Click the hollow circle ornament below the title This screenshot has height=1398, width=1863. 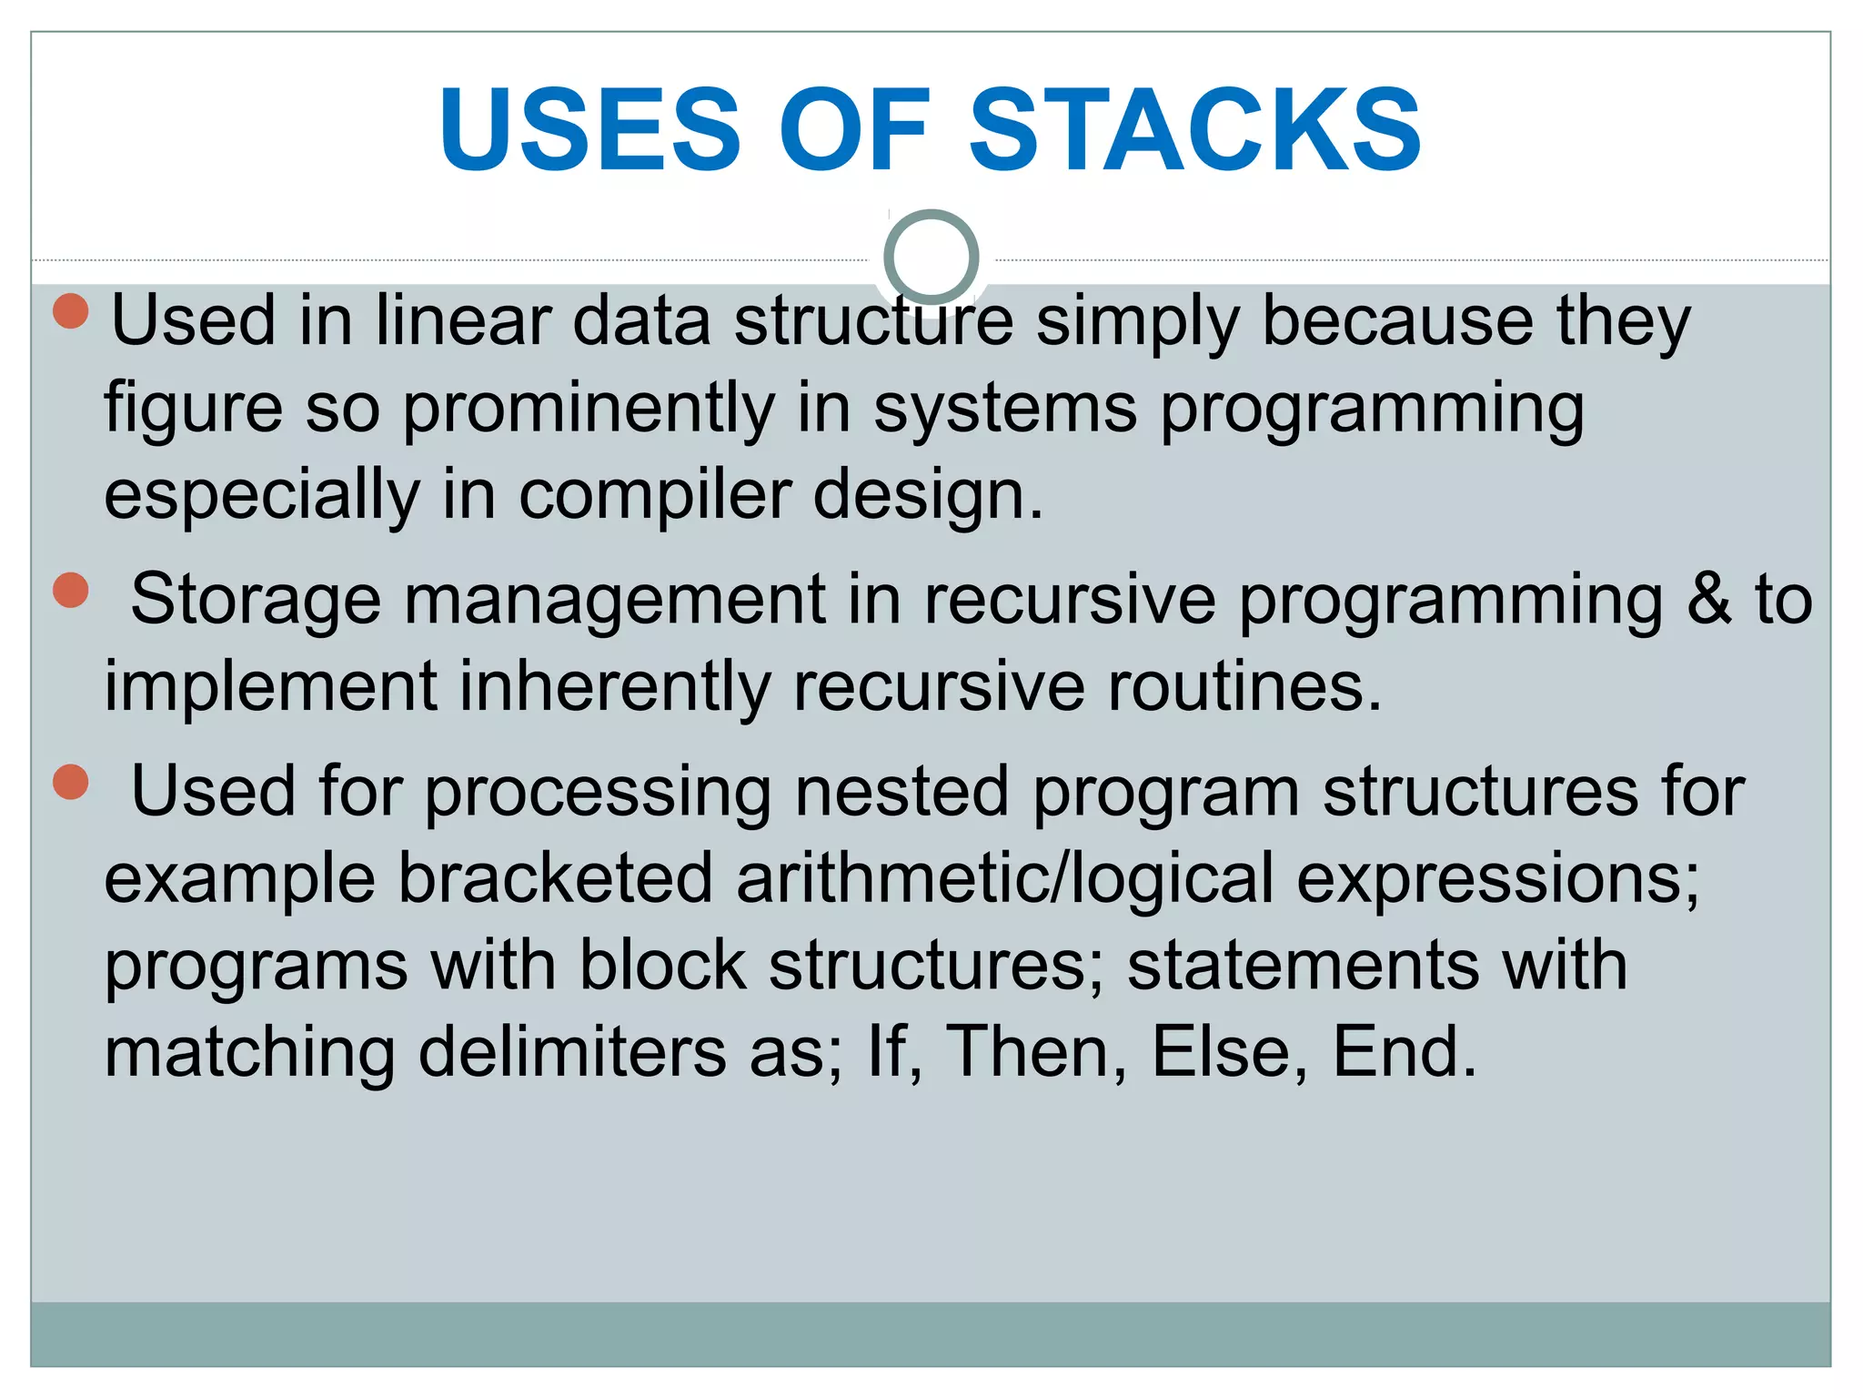(x=931, y=257)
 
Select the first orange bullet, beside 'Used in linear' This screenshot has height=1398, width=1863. (x=71, y=310)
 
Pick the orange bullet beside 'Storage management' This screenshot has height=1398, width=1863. (x=71, y=590)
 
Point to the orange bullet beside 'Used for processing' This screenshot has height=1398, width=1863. (x=71, y=782)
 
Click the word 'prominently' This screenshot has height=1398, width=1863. (x=589, y=409)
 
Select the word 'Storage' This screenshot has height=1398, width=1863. (x=256, y=600)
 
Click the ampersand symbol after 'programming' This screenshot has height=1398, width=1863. (x=1708, y=600)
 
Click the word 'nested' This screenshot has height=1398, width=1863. (x=901, y=792)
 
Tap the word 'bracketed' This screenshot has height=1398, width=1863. (x=556, y=879)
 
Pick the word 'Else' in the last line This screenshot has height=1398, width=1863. (x=1222, y=1053)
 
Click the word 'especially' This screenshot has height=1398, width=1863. (x=262, y=495)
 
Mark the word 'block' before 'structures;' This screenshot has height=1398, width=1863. (x=662, y=966)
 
